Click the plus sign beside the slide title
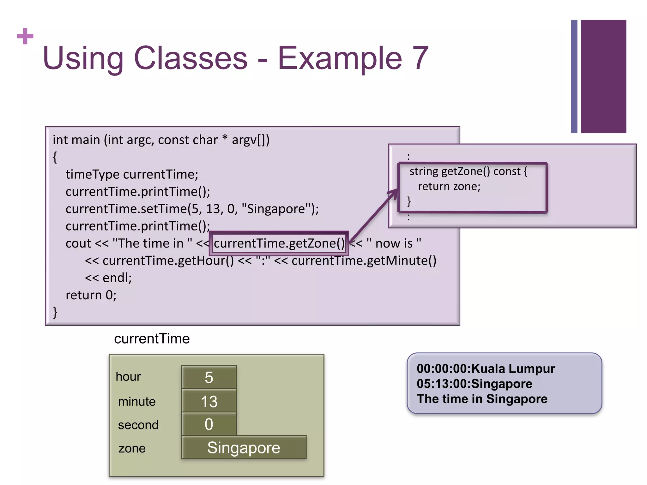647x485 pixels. click(x=25, y=36)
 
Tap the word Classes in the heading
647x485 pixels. click(x=190, y=58)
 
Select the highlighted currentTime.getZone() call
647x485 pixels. click(x=279, y=243)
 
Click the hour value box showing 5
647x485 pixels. click(x=209, y=377)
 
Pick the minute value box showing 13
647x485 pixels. click(x=209, y=401)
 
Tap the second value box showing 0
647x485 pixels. click(x=209, y=424)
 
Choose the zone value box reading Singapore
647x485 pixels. click(x=244, y=447)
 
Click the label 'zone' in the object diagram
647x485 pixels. click(x=132, y=448)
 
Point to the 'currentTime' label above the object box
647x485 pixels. click(x=152, y=339)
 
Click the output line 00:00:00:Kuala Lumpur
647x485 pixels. click(x=486, y=369)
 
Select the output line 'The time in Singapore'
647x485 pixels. click(x=482, y=399)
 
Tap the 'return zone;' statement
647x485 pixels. click(x=449, y=186)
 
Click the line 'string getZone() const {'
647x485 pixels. click(x=468, y=171)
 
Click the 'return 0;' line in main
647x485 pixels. click(x=91, y=295)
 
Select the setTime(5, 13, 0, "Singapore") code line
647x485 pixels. click(x=192, y=209)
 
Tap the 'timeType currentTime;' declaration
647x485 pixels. click(x=132, y=174)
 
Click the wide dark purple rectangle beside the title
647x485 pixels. click(x=603, y=76)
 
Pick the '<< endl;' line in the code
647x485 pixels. click(x=108, y=278)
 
